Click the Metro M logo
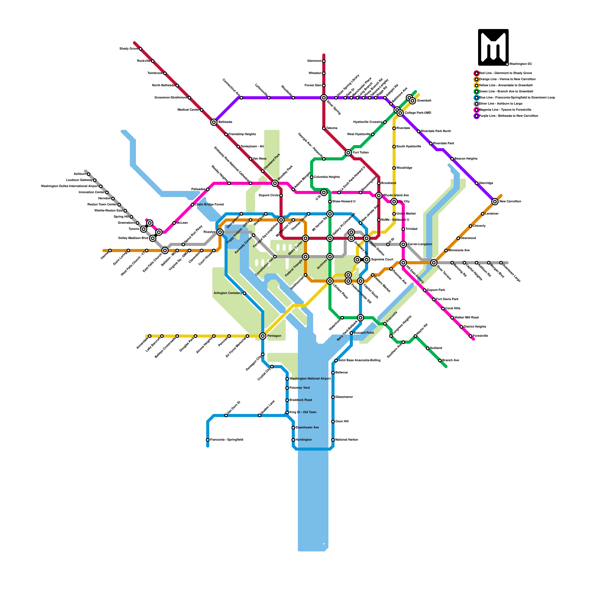coord(493,47)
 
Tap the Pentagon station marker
coord(263,336)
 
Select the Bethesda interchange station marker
coord(214,122)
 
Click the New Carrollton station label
coord(510,201)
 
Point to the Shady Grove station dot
coord(141,49)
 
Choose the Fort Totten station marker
coord(348,153)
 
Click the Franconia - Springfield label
coord(226,440)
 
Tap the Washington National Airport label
coord(310,378)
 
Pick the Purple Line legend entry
coord(508,116)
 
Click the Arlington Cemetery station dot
coord(244,293)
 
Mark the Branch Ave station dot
coord(440,360)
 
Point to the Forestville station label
coord(480,336)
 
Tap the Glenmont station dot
coord(324,61)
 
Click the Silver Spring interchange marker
coord(324,98)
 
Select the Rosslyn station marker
coord(220,232)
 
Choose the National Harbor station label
coord(347,440)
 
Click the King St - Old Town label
coord(303,412)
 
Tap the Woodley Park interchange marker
coord(275,183)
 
